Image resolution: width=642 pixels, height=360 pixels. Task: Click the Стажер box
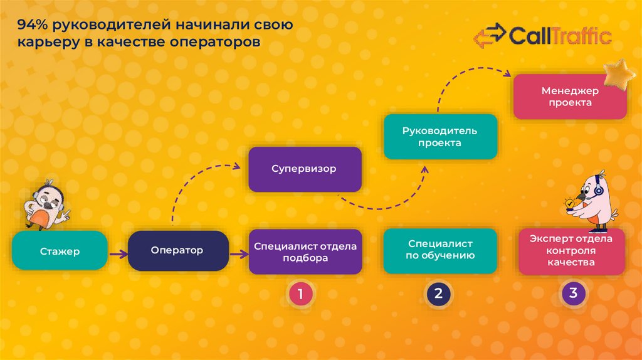pos(60,251)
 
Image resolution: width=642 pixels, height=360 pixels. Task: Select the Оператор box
pos(178,251)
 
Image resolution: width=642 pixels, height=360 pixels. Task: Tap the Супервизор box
pos(305,169)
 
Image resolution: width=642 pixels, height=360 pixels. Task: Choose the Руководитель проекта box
pos(440,137)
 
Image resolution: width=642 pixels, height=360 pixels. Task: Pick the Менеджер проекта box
pos(570,97)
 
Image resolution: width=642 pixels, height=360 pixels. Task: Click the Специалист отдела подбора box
pos(305,251)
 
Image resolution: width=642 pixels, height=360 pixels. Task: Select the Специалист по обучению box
pos(440,251)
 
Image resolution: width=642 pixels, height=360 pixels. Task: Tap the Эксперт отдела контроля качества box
pos(571,251)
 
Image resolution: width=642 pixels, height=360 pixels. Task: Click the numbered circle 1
pos(300,294)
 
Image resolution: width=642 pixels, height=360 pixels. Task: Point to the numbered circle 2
pos(438,294)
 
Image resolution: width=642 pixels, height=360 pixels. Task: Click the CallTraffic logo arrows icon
pos(488,36)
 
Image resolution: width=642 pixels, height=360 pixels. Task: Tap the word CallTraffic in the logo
pos(560,36)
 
